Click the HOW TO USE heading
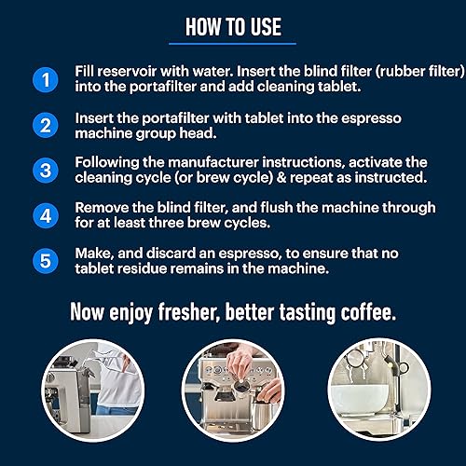233,27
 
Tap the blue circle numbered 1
46,80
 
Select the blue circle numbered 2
46,126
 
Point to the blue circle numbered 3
46,171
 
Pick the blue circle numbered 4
46,216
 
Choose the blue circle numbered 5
46,261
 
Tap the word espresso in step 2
371,118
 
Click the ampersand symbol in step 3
281,178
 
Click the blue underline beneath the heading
232,44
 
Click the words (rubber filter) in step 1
420,72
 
